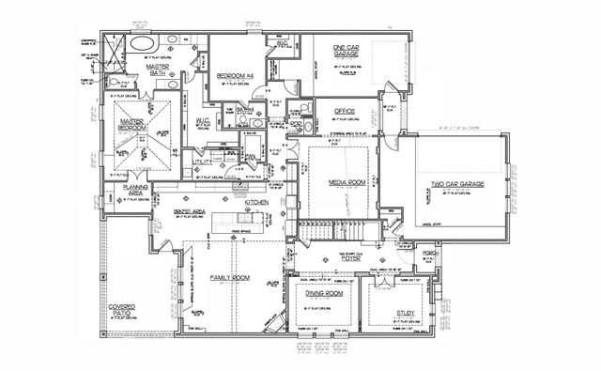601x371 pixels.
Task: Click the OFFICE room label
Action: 344,112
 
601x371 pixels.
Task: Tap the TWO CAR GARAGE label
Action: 456,185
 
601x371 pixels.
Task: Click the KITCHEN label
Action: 258,203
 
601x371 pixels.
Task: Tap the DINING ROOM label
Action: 322,294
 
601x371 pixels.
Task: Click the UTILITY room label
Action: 203,162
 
